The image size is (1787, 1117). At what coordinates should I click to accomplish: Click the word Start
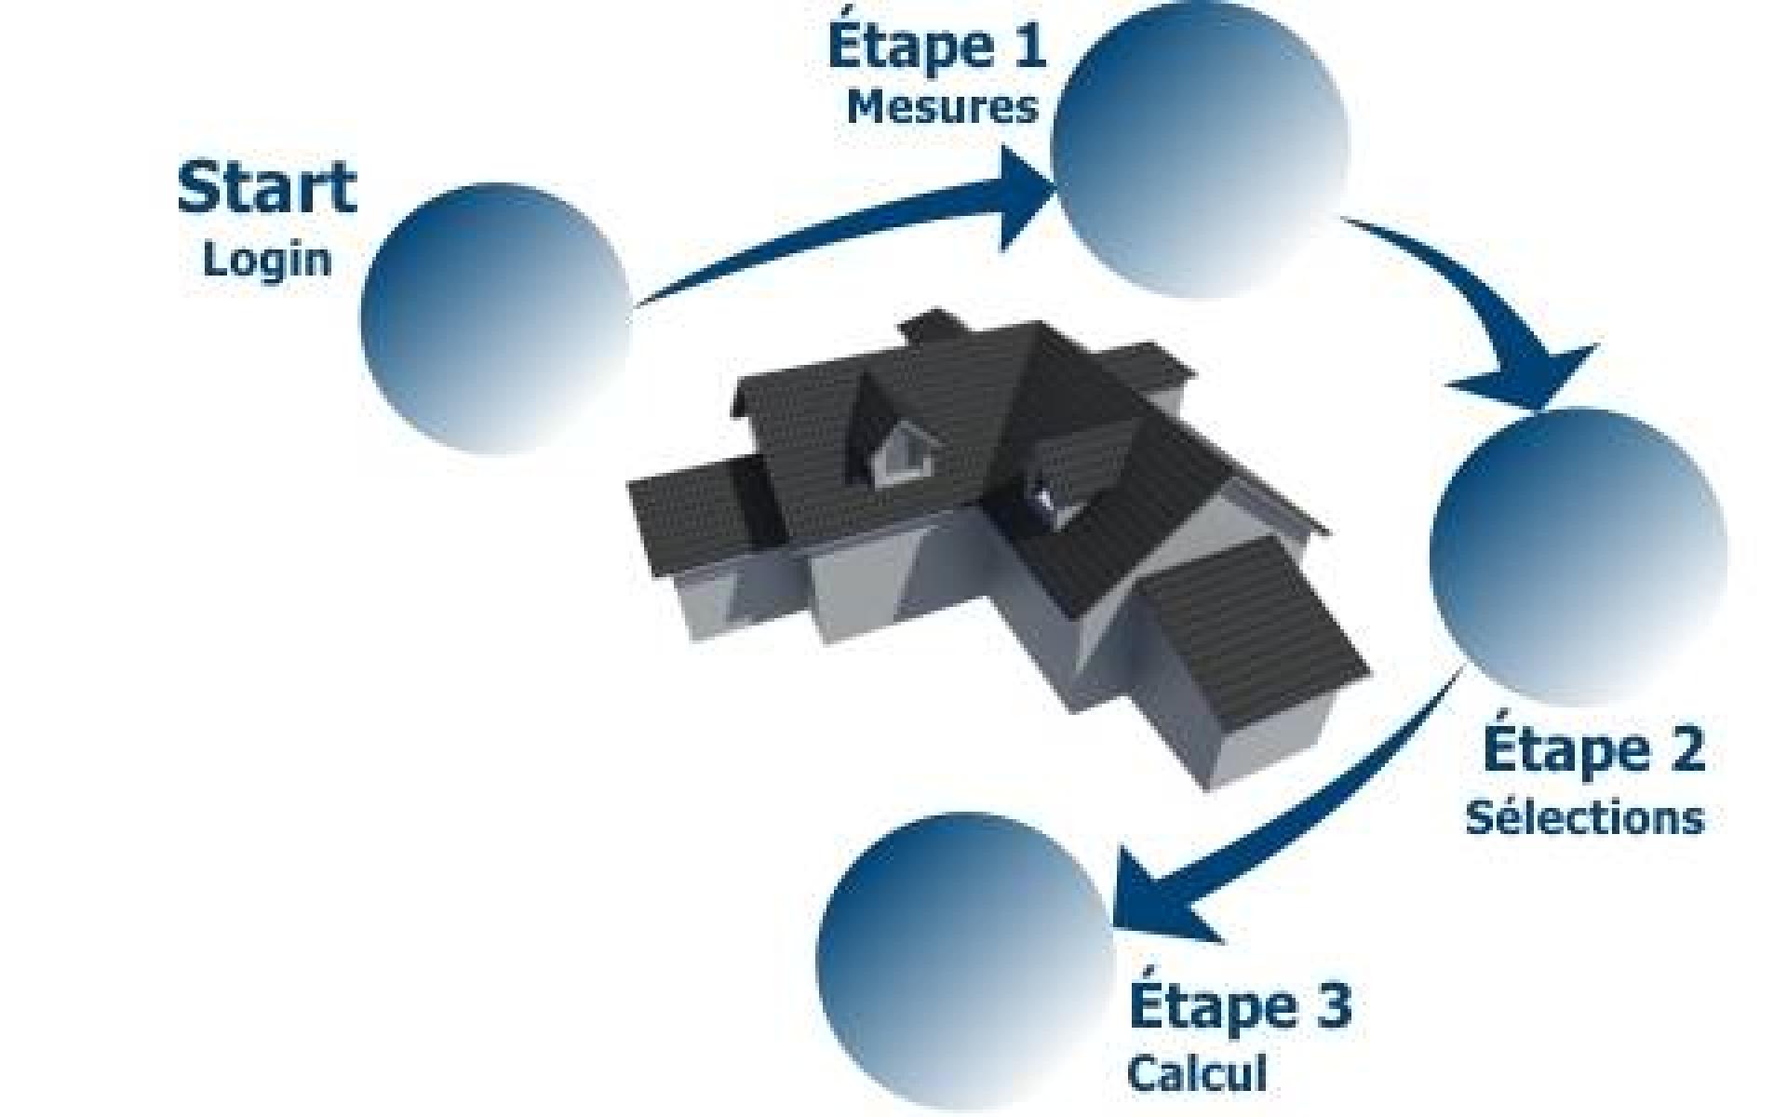click(x=267, y=189)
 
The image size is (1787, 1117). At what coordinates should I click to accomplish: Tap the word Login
click(x=267, y=259)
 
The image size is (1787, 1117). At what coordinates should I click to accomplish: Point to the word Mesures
click(x=942, y=107)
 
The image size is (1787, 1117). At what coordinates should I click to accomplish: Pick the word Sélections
click(x=1585, y=816)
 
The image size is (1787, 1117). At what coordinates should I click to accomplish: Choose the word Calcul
click(x=1198, y=1072)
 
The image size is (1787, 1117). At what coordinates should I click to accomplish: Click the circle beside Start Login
click(x=496, y=318)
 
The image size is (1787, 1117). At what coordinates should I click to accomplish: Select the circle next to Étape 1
click(x=1200, y=149)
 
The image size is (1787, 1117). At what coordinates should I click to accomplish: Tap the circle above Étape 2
click(x=1579, y=557)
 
